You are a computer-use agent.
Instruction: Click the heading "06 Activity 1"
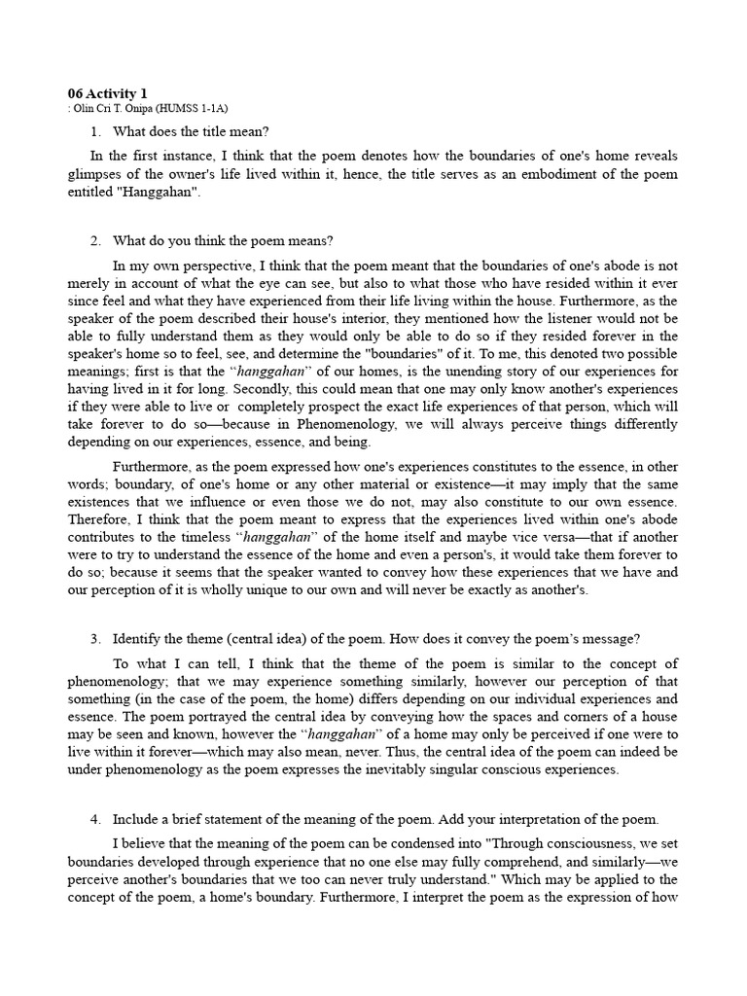108,93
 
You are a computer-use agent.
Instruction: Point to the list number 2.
95,241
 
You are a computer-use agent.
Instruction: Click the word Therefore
99,518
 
